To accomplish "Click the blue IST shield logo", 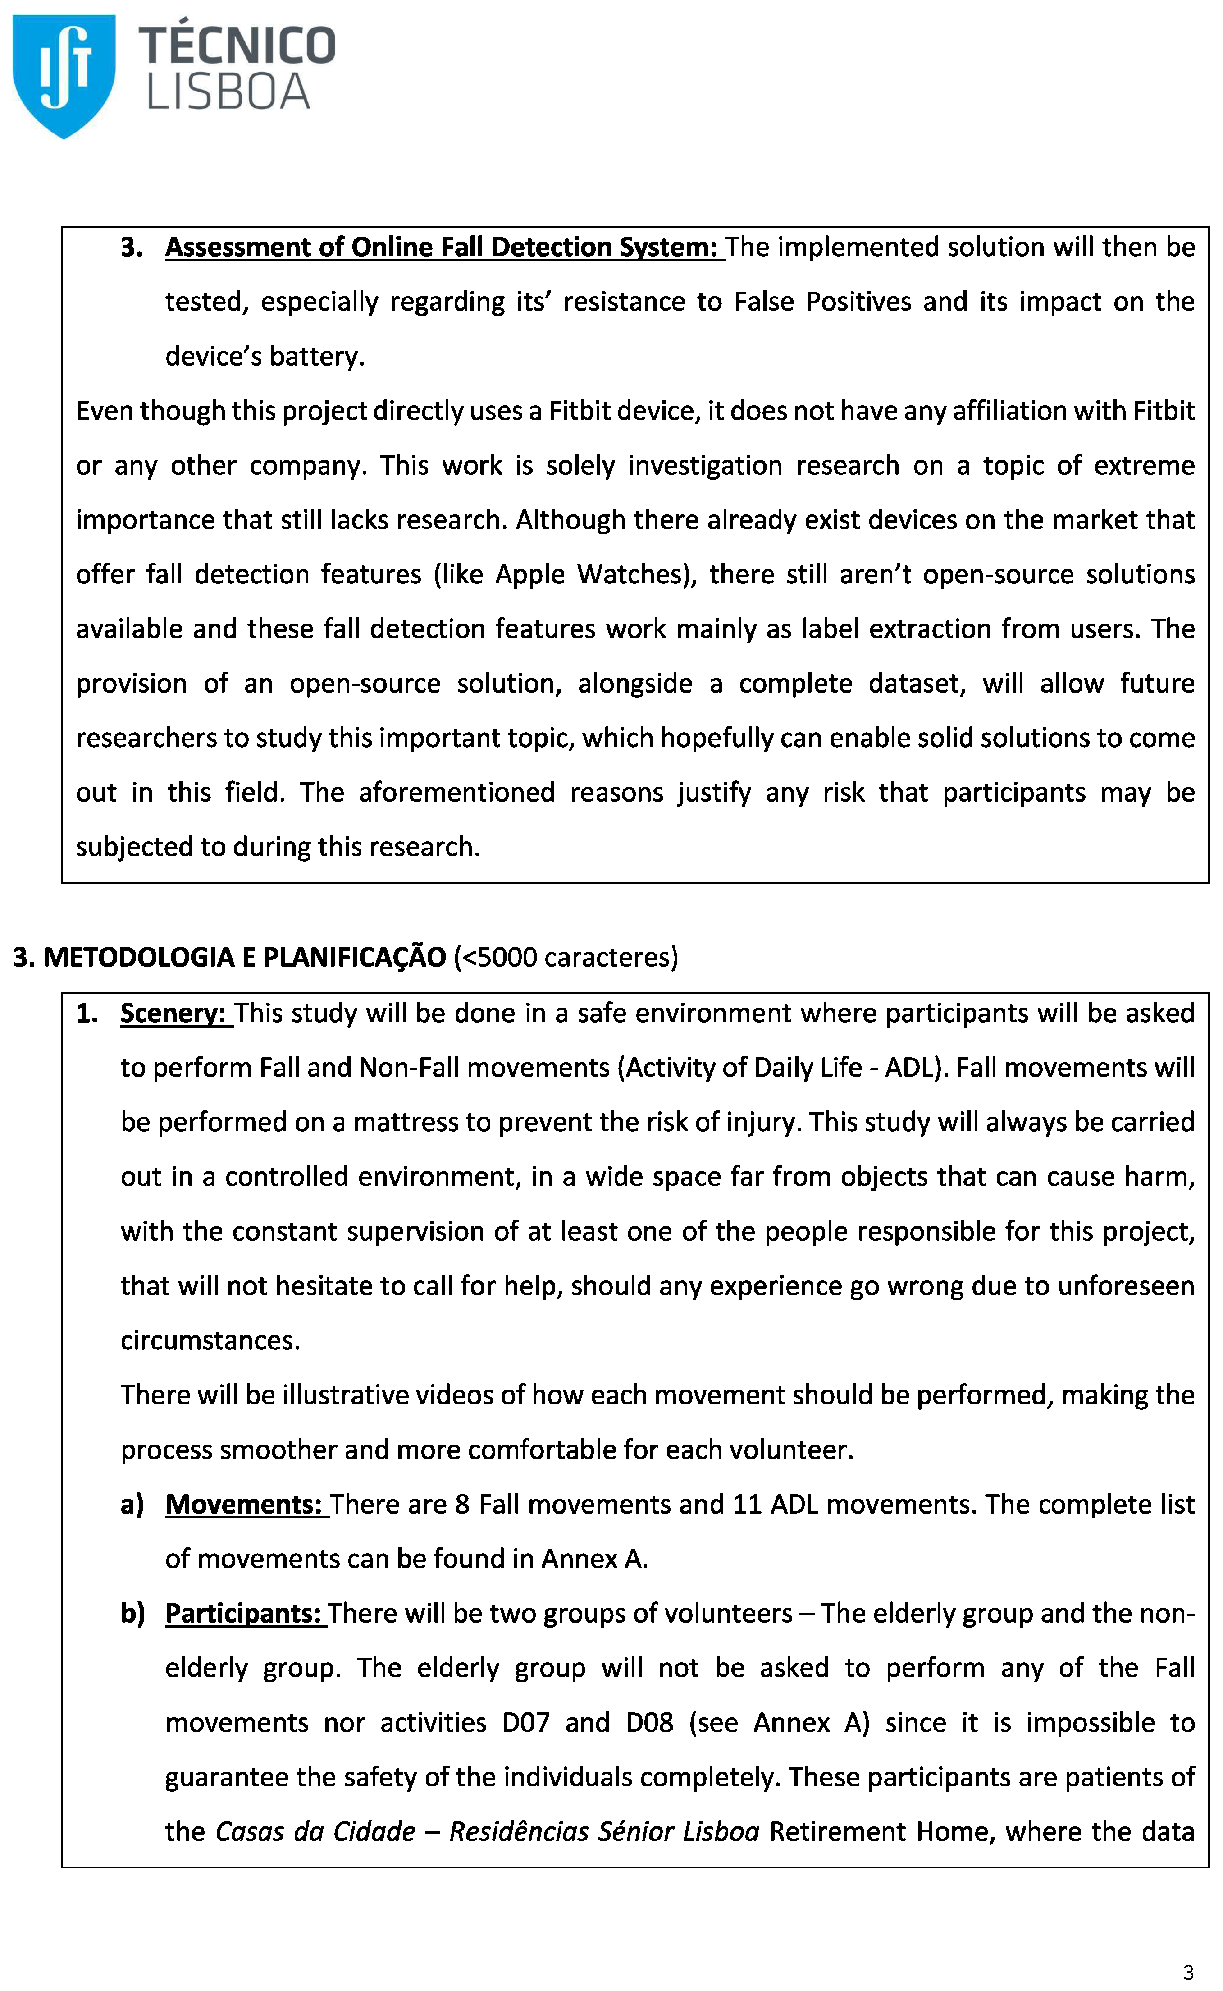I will tap(64, 74).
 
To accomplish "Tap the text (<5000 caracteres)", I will tap(566, 957).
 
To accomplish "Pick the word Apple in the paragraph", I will tap(530, 574).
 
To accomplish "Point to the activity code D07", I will tap(526, 1722).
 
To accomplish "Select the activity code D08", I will tap(649, 1722).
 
